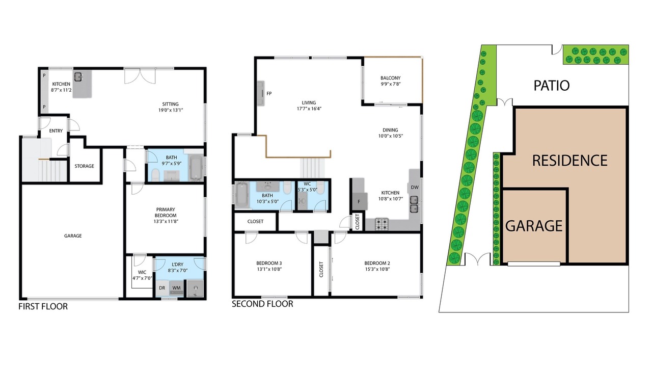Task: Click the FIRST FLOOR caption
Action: point(43,306)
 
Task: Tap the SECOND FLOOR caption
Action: point(262,304)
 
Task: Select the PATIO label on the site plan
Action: point(552,86)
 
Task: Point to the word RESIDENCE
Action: point(569,161)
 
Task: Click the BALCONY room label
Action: point(390,78)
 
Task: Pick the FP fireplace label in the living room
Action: point(269,93)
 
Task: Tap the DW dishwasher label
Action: point(415,187)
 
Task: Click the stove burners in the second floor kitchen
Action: point(382,224)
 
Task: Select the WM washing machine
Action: point(176,288)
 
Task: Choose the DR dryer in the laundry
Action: point(162,288)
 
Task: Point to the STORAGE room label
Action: point(84,166)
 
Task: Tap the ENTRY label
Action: point(56,131)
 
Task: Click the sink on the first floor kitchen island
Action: point(78,76)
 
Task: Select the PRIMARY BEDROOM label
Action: point(166,213)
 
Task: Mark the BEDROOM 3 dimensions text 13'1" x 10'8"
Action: point(269,269)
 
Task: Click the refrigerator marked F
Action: point(360,201)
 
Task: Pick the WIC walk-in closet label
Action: point(142,272)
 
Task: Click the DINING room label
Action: point(390,130)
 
